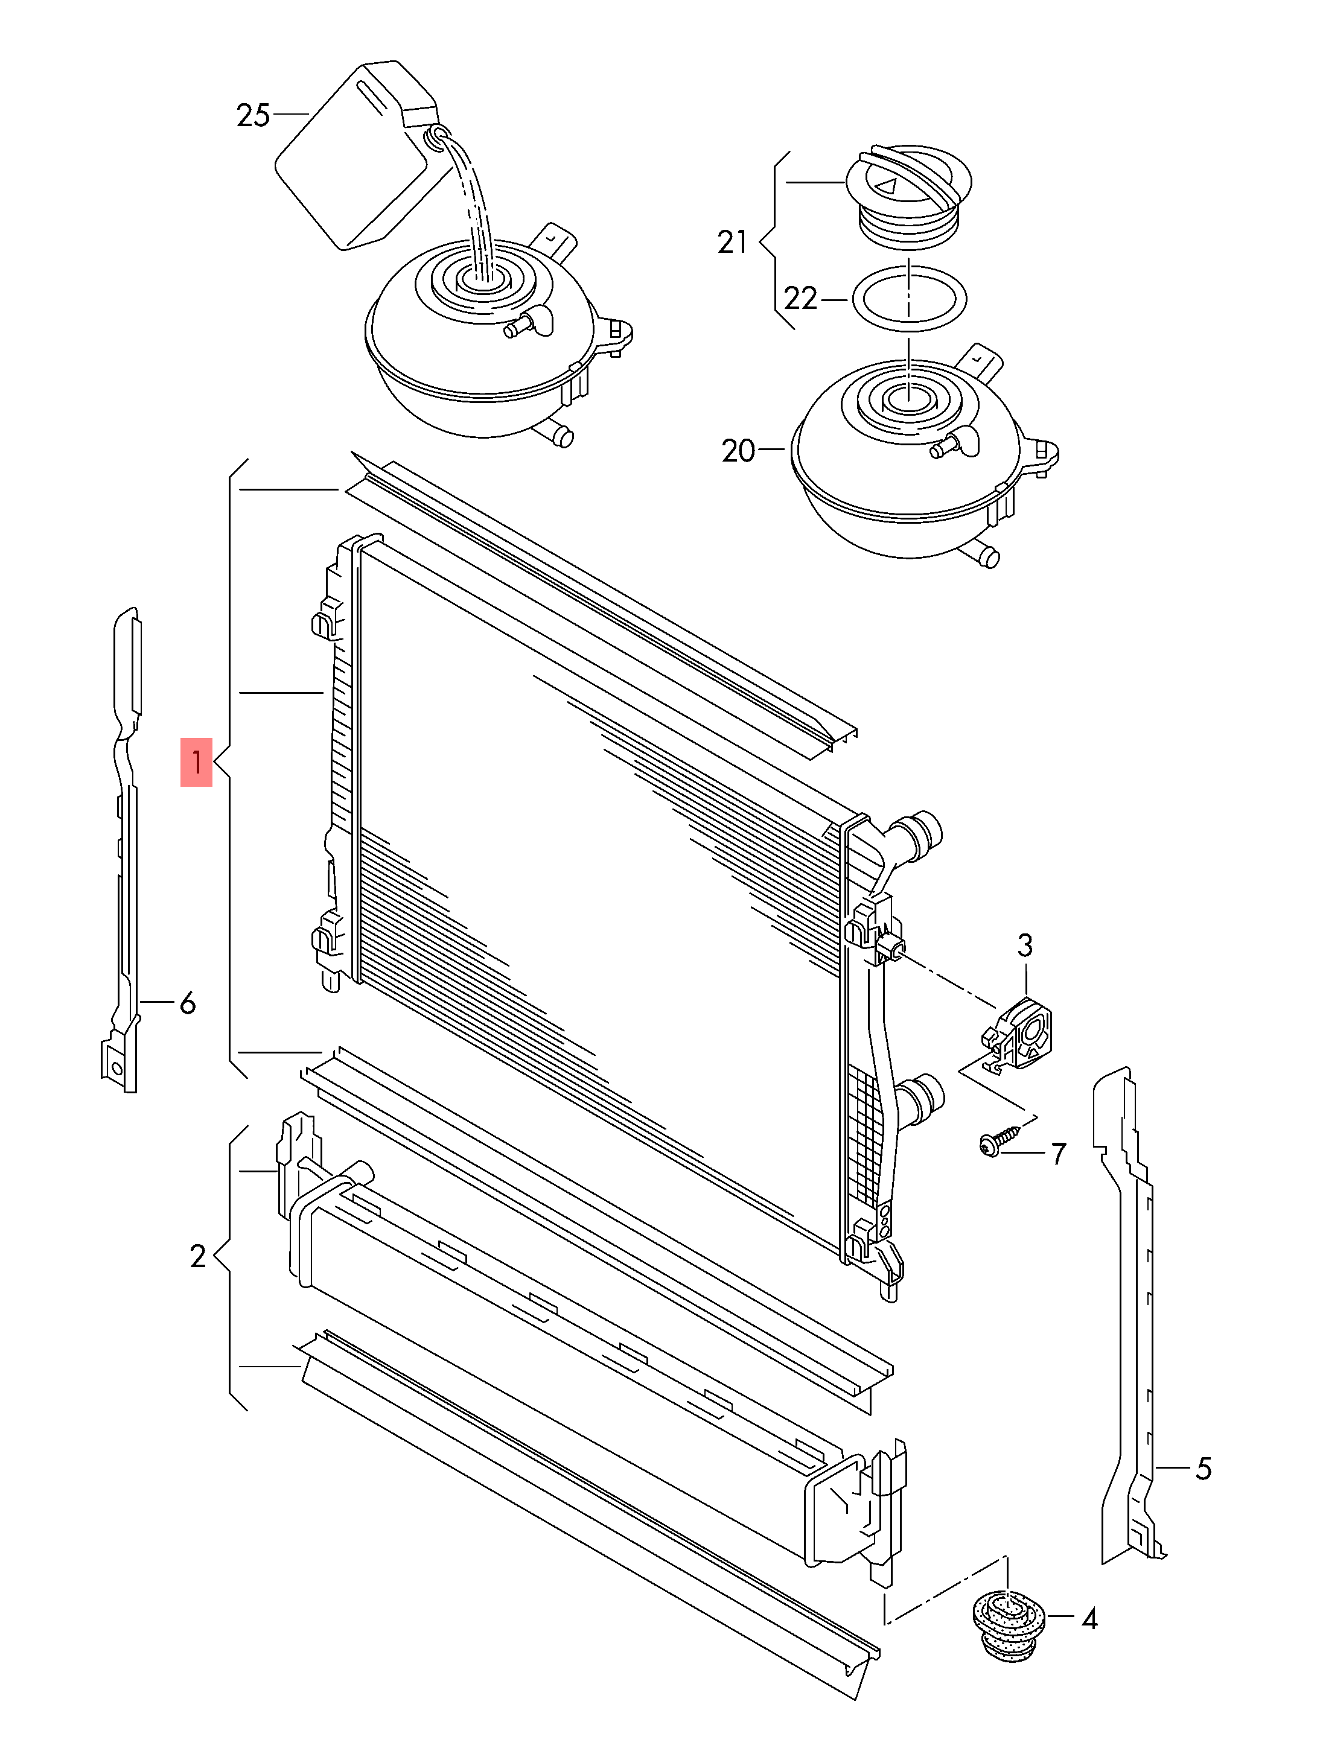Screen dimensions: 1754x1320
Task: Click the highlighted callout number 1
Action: click(196, 762)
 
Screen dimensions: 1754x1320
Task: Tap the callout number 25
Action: click(253, 116)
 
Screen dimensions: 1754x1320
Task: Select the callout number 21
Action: click(732, 242)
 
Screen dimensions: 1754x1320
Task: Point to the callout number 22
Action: click(800, 299)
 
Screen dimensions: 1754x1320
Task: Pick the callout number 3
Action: click(1025, 945)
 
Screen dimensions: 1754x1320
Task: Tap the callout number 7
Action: click(1058, 1154)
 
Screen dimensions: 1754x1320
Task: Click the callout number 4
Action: click(1089, 1619)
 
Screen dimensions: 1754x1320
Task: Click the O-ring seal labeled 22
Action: click(909, 298)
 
